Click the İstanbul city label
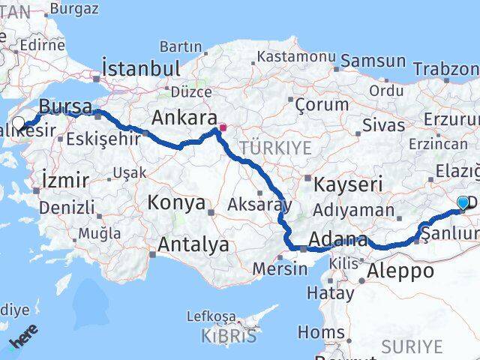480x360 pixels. pyautogui.click(x=141, y=68)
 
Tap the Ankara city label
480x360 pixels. pyautogui.click(x=184, y=118)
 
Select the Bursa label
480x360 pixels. pyautogui.click(x=65, y=106)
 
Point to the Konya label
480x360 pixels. pyautogui.click(x=176, y=202)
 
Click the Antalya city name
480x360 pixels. pyautogui.click(x=193, y=244)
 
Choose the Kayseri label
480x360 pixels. pyautogui.click(x=349, y=184)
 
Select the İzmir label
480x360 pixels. pyautogui.click(x=66, y=180)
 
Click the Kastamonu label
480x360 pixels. pyautogui.click(x=295, y=56)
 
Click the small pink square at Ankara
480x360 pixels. pyautogui.click(x=223, y=127)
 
